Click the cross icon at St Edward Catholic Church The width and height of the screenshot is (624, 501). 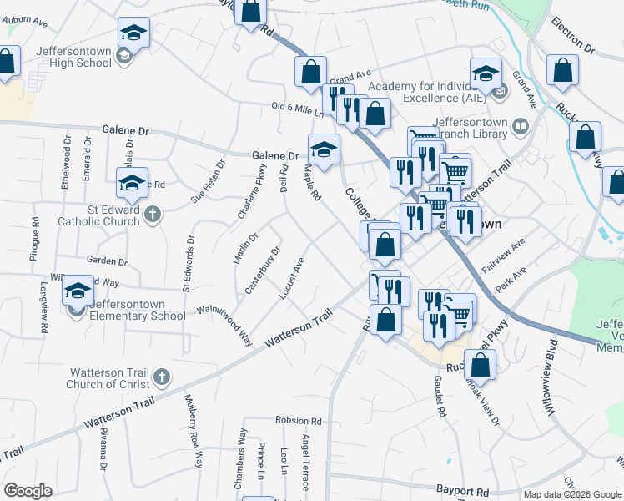click(x=152, y=215)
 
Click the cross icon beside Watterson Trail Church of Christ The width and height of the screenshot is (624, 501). click(x=162, y=377)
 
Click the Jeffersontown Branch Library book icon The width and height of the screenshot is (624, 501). click(x=521, y=126)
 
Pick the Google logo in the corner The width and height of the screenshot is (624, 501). click(x=28, y=491)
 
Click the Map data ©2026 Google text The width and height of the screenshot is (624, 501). click(x=571, y=494)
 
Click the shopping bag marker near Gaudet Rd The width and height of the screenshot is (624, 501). click(x=480, y=365)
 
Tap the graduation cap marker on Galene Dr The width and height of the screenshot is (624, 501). click(x=325, y=150)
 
